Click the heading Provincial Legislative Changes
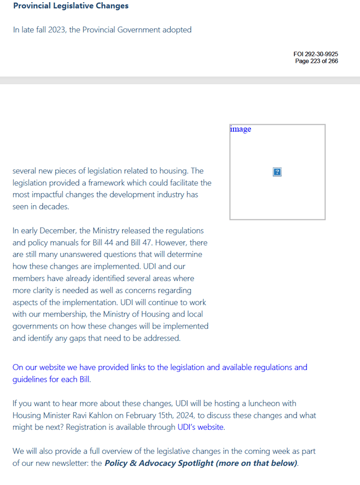(x=71, y=6)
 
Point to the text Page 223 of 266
(x=316, y=61)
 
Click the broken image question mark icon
(x=277, y=172)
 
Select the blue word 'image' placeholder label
(x=241, y=129)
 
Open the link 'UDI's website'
(x=201, y=427)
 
